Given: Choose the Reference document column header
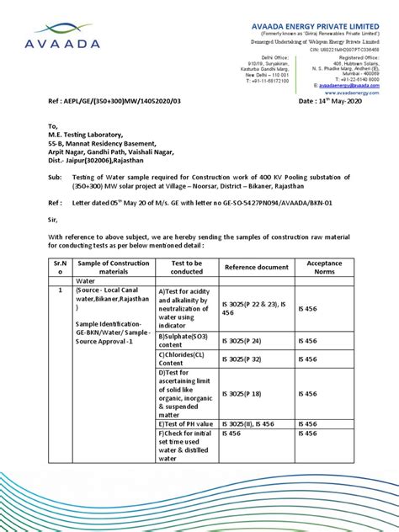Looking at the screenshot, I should click(x=256, y=267).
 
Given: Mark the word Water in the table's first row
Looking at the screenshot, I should click(x=87, y=281).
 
